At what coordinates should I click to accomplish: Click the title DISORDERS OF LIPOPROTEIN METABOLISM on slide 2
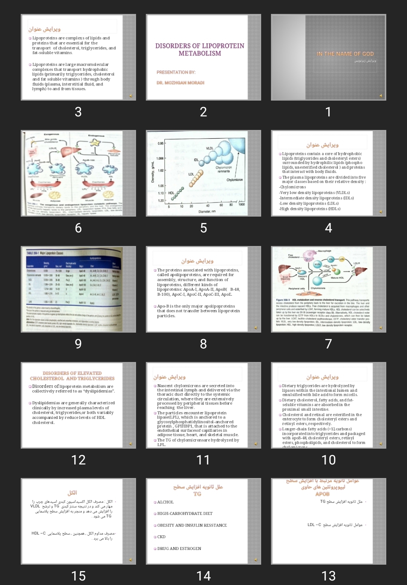(x=200, y=49)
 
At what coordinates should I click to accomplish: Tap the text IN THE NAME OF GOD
(x=345, y=54)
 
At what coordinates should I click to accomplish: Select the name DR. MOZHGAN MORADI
(x=181, y=82)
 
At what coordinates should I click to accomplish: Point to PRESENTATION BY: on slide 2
(x=176, y=72)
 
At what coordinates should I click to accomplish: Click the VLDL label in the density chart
(x=210, y=148)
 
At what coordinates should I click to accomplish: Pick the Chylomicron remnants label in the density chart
(x=223, y=169)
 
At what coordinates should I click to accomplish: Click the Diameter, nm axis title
(x=207, y=211)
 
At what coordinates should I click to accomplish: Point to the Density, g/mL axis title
(x=153, y=172)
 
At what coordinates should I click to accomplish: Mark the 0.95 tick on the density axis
(x=161, y=144)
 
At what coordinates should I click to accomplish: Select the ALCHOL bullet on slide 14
(x=165, y=502)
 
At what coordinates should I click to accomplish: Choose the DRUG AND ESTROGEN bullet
(x=179, y=548)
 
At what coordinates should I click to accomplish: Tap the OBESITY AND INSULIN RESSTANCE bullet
(x=192, y=525)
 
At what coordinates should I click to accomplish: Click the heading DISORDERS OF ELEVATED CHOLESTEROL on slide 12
(x=72, y=376)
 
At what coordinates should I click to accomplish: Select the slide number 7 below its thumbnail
(x=328, y=344)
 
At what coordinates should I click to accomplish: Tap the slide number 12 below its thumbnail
(x=78, y=460)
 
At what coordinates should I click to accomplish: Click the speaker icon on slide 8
(x=256, y=328)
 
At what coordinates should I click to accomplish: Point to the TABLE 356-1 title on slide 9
(x=45, y=253)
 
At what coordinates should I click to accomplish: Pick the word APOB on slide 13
(x=322, y=494)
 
